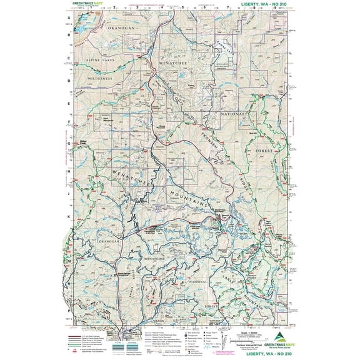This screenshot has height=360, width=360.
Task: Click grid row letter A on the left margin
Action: (68, 19)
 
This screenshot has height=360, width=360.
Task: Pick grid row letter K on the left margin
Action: (68, 216)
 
